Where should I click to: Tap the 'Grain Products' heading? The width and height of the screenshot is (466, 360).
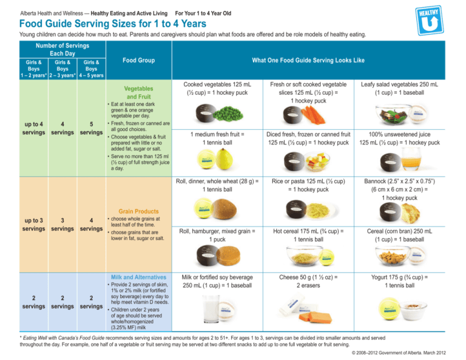coord(139,206)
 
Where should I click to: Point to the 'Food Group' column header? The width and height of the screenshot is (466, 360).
coord(138,60)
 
